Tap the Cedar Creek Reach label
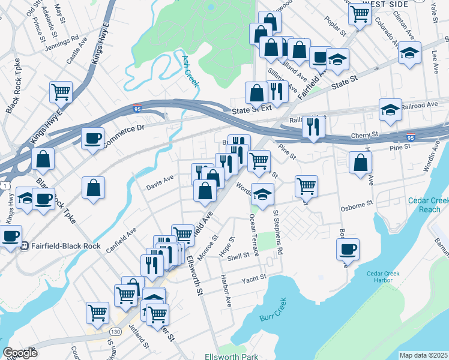pyautogui.click(x=424, y=205)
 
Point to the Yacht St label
pyautogui.click(x=253, y=278)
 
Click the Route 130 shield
pyautogui.click(x=115, y=331)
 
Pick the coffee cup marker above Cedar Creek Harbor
pyautogui.click(x=348, y=248)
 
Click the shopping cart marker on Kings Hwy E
pyautogui.click(x=61, y=92)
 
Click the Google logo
pyautogui.click(x=20, y=353)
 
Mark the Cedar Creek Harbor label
pyautogui.click(x=384, y=277)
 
